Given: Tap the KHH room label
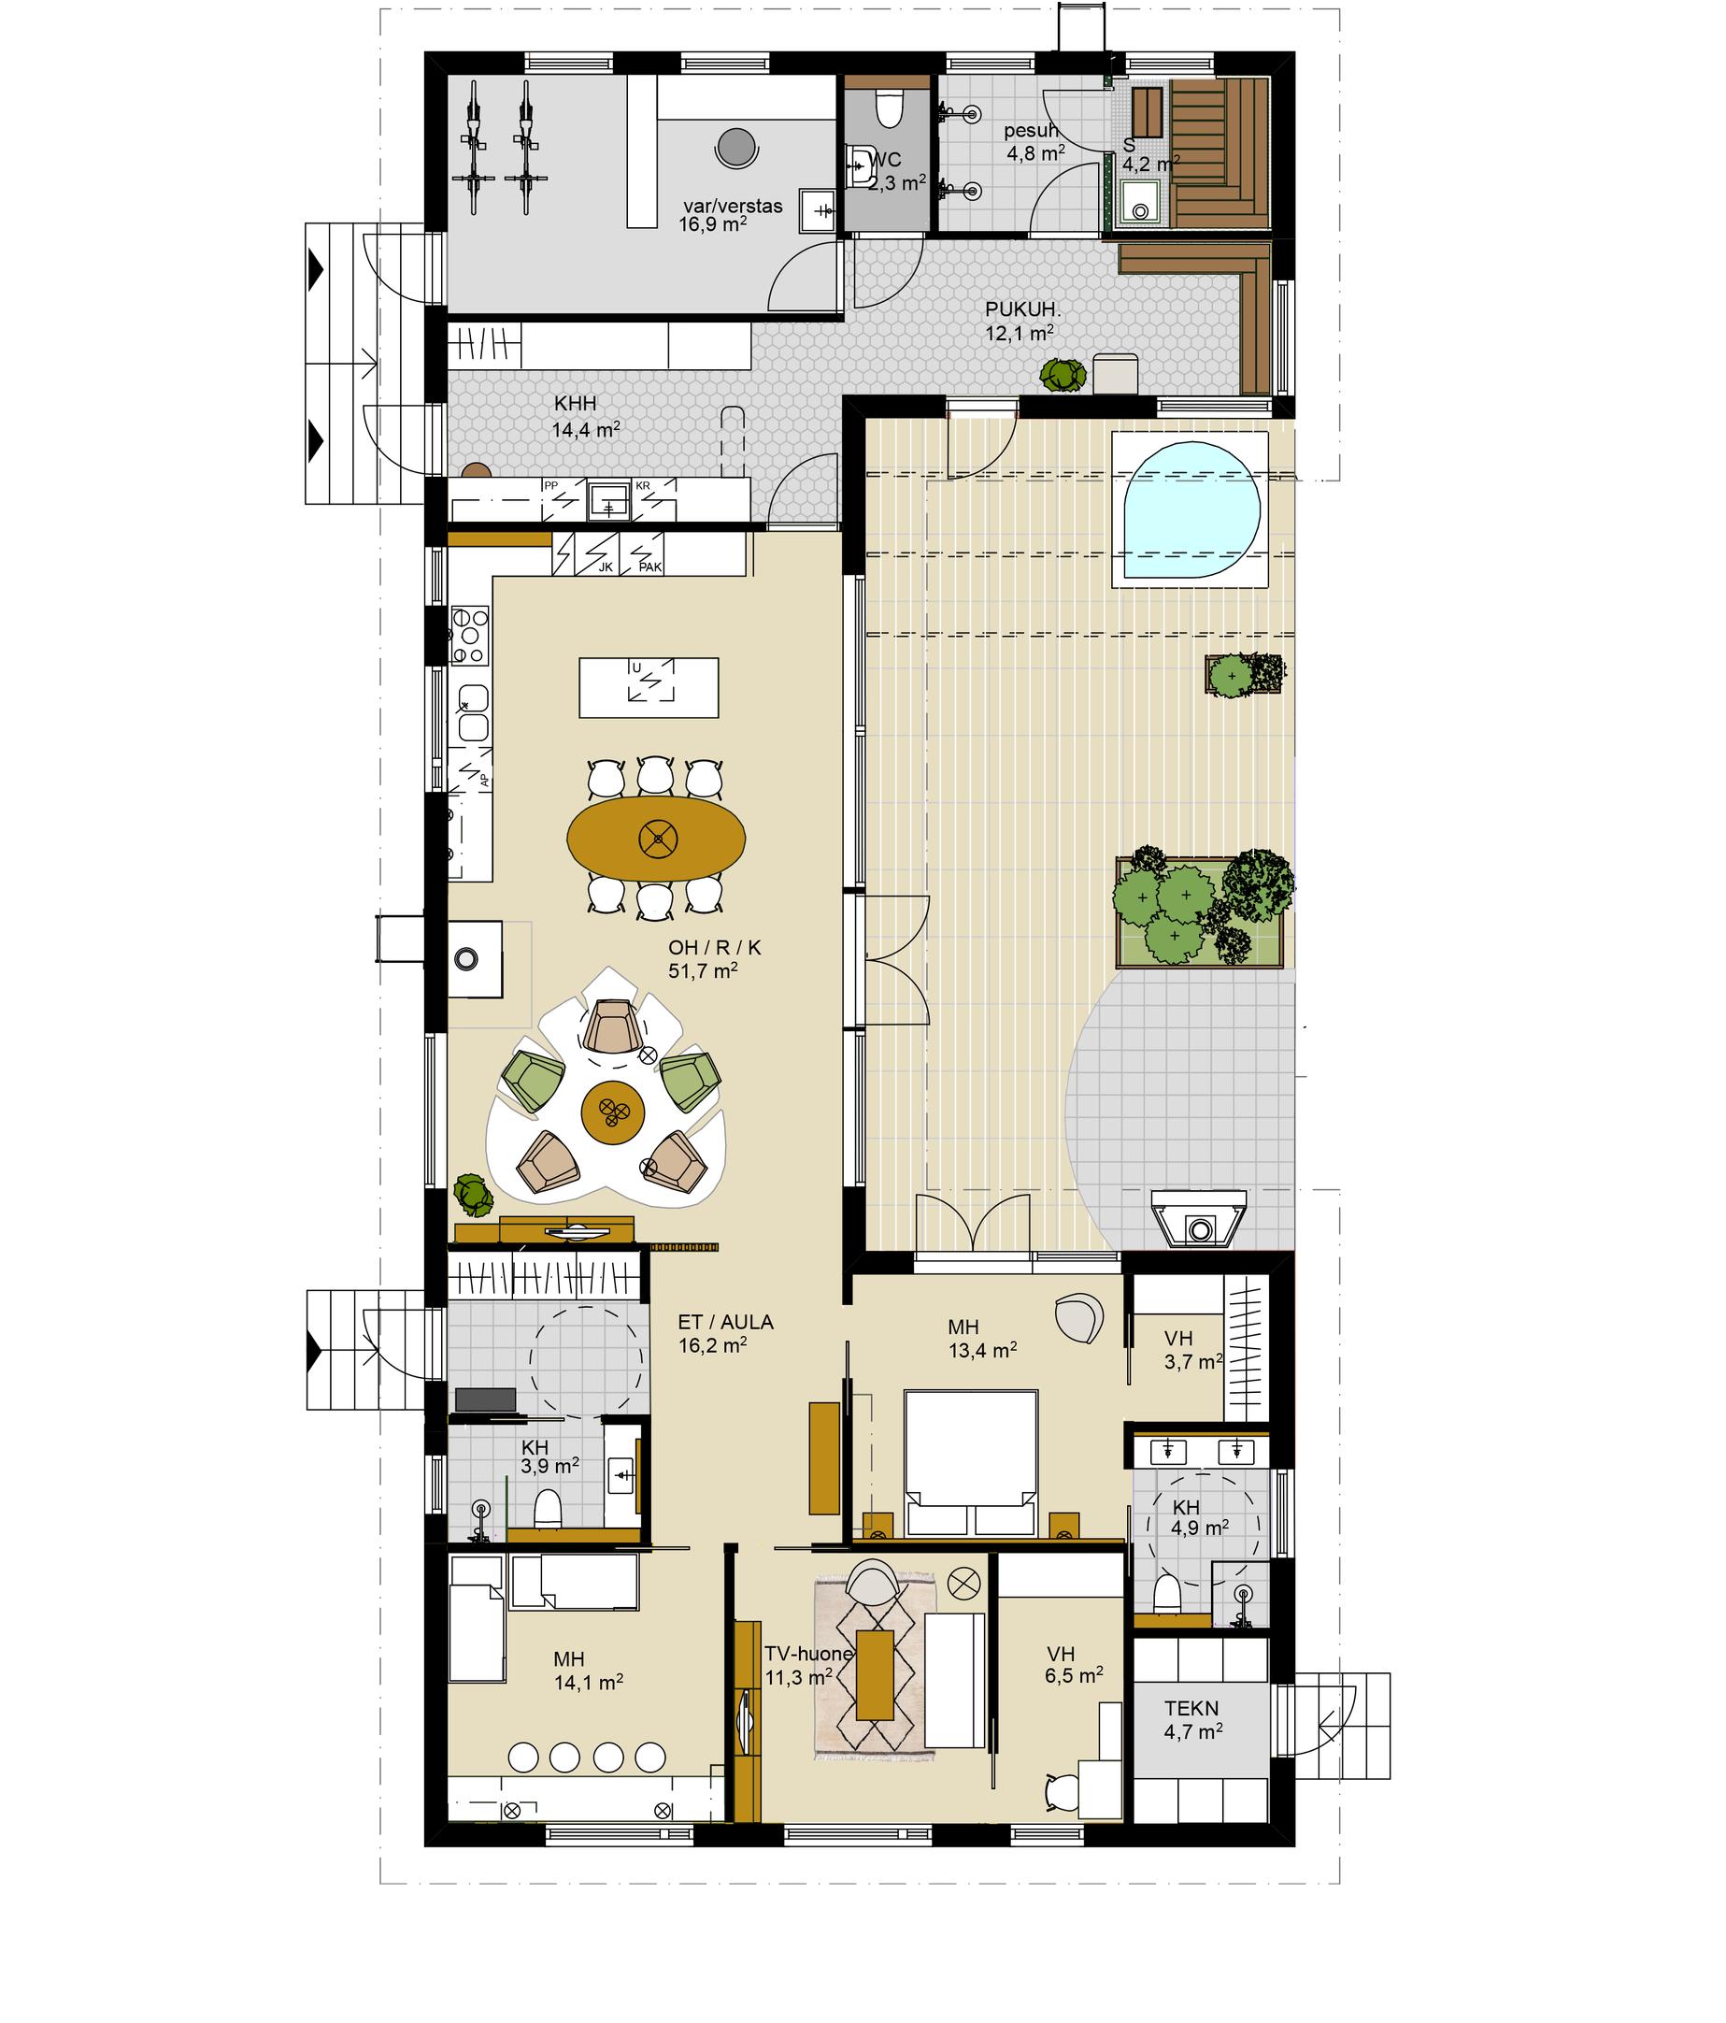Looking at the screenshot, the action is coord(575,403).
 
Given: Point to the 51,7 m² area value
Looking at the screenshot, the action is coord(702,970).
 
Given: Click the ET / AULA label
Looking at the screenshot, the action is coord(725,1322).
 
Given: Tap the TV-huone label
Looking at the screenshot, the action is coord(808,1653).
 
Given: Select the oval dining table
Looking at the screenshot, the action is coord(657,837).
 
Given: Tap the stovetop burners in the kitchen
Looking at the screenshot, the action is coord(469,636).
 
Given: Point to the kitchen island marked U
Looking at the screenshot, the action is coord(649,687).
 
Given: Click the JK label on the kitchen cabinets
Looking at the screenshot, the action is coord(606,567).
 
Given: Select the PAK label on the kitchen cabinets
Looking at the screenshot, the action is coord(650,567).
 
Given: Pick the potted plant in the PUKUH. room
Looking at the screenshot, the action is coord(1063,375).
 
